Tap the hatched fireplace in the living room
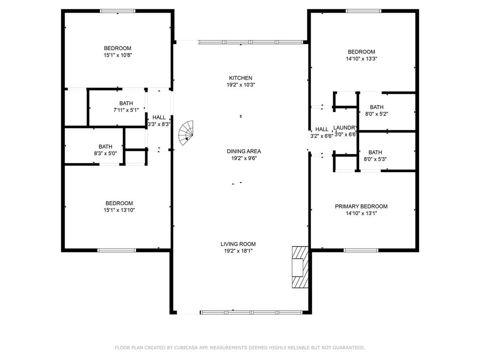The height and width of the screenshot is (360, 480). pyautogui.click(x=299, y=267)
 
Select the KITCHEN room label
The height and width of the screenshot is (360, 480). pyautogui.click(x=240, y=78)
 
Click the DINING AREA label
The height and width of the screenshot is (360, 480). pyautogui.click(x=244, y=151)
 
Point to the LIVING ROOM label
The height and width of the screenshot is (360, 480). pyautogui.click(x=238, y=244)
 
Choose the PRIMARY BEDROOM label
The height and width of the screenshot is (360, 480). pyautogui.click(x=361, y=207)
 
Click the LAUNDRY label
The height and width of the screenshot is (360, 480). pyautogui.click(x=345, y=128)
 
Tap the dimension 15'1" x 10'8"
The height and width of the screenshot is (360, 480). pyautogui.click(x=118, y=55)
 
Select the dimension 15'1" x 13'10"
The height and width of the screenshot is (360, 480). pyautogui.click(x=119, y=210)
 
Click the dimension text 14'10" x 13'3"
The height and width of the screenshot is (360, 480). pyautogui.click(x=361, y=59)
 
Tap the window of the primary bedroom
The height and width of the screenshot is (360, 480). pyautogui.click(x=361, y=250)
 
